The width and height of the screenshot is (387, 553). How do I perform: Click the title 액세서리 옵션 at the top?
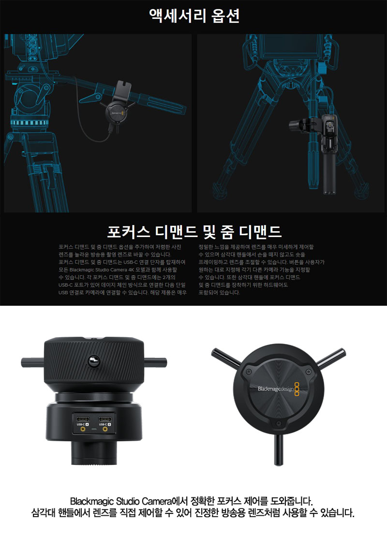point(194,16)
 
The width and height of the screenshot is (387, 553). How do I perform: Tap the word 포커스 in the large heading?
point(129,231)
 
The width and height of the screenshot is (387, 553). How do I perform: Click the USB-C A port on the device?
point(83,419)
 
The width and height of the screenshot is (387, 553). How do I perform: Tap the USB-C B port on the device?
point(105,419)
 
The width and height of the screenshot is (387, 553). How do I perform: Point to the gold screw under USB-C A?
point(83,429)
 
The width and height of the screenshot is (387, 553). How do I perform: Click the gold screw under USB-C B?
point(105,429)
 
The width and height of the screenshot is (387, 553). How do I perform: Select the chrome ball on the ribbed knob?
point(93,360)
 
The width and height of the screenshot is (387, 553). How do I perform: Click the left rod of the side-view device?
point(32,362)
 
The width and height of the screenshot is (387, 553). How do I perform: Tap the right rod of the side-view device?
point(155,362)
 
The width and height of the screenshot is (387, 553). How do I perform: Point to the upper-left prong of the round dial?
point(226,358)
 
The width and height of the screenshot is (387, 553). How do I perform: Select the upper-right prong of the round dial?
point(331,358)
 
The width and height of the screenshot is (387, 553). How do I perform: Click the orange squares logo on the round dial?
point(297,389)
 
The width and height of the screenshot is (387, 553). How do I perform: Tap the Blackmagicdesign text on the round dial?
point(276,389)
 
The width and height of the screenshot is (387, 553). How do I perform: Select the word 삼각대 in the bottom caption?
point(43,512)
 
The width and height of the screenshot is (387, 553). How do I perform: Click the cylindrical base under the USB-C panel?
point(94,452)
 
